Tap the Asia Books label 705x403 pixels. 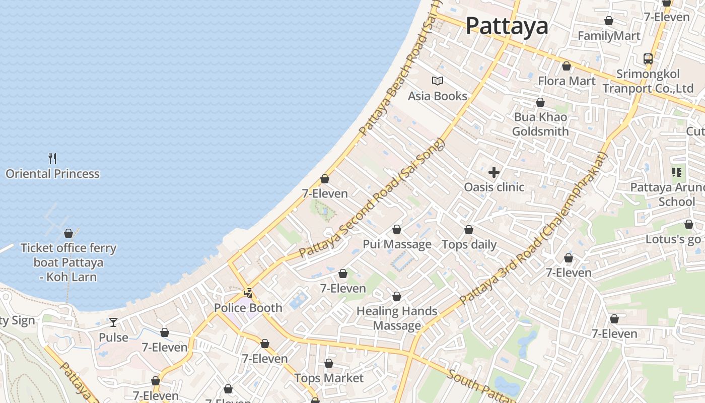438,96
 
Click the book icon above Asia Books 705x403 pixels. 438,81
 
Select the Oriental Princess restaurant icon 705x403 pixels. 52,159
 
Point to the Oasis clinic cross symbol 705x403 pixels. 494,172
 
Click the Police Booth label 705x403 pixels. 248,308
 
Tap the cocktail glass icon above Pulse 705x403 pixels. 113,322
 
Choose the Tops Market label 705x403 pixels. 329,378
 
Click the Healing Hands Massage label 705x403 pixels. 397,318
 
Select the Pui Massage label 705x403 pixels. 397,244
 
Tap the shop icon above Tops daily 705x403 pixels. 469,230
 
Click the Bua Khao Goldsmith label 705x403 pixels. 540,124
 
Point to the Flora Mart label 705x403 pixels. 567,81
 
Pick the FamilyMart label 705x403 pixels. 609,36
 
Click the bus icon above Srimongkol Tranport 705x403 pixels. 648,59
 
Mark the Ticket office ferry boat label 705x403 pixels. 68,262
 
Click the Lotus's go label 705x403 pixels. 673,239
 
